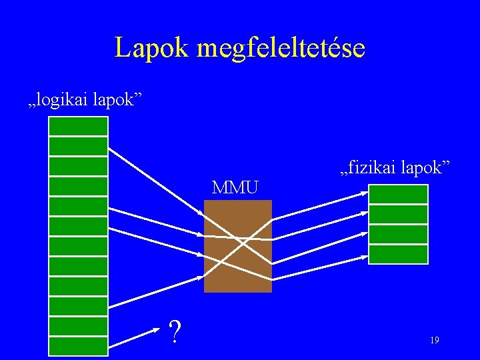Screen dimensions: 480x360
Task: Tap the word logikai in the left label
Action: (64, 100)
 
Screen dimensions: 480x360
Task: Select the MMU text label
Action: (235, 187)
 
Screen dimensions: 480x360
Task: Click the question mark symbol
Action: (175, 331)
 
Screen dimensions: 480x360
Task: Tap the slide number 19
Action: (434, 340)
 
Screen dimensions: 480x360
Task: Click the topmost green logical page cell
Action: (78, 127)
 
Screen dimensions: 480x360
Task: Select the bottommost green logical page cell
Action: (78, 347)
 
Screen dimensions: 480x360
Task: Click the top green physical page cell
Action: (398, 194)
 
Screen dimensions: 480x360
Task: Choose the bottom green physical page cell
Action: (398, 254)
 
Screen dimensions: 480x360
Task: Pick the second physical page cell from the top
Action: (398, 214)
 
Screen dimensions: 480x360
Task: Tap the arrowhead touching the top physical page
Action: (364, 193)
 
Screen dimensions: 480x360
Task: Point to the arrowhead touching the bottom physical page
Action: (364, 253)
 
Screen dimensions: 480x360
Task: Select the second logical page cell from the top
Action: (78, 147)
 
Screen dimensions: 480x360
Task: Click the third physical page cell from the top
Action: (398, 234)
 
